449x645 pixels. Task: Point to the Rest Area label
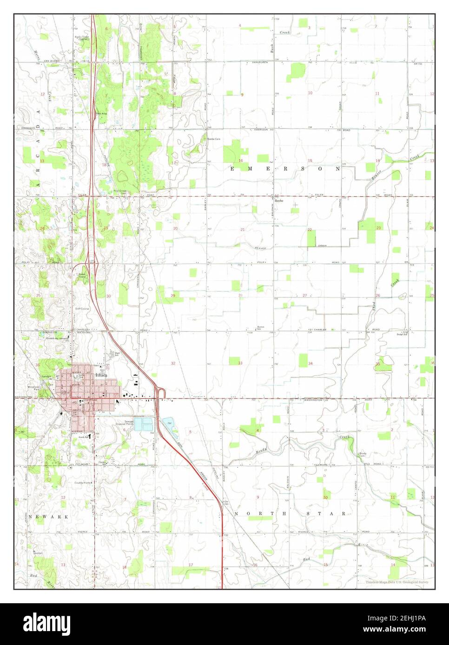[x=101, y=113]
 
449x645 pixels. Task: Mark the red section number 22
[x=309, y=230]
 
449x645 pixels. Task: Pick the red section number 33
[x=240, y=363]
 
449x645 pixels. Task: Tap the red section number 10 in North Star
[x=325, y=497]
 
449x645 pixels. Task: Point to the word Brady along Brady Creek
[x=261, y=450]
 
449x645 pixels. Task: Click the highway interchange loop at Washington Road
[x=161, y=393]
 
